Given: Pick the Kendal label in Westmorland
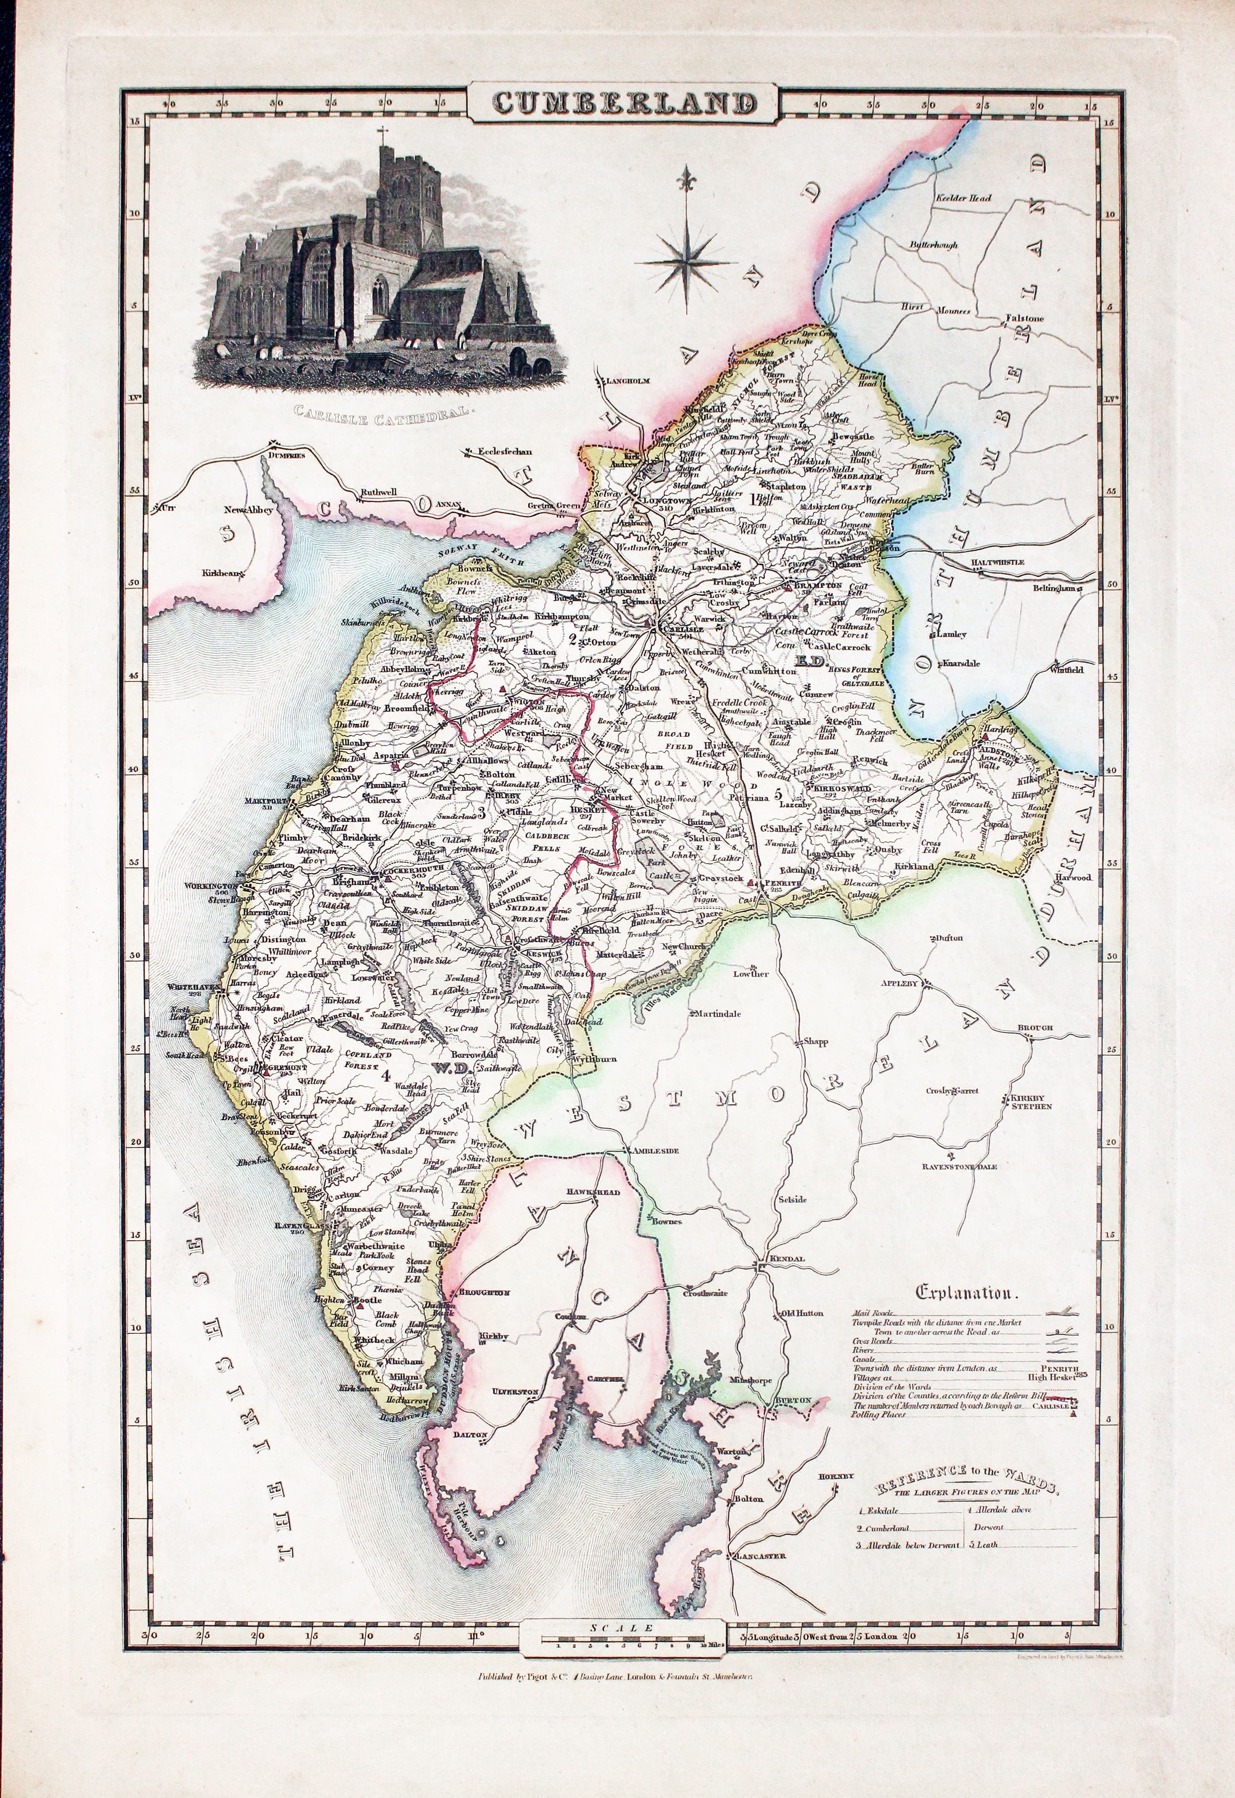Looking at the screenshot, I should pos(787,1259).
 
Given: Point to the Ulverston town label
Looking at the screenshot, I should pos(515,1392).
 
